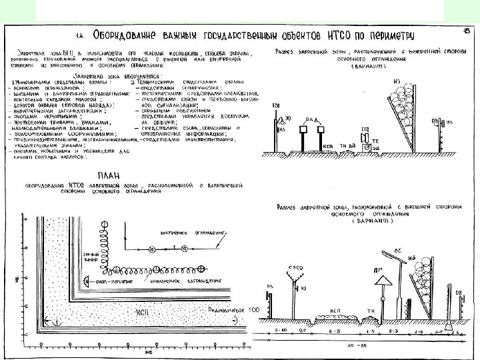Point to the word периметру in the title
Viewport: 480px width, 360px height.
(387, 34)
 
